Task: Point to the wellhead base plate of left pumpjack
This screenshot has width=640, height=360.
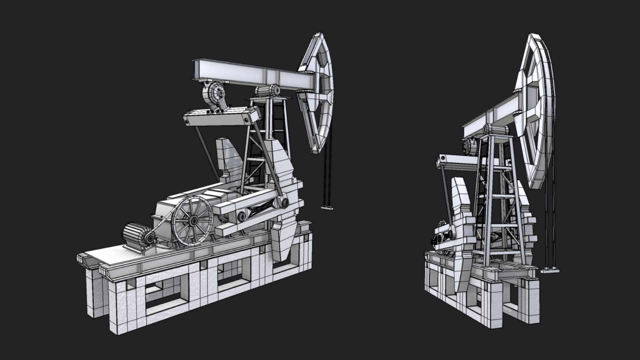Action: (x=327, y=208)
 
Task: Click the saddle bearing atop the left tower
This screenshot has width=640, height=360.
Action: (x=268, y=91)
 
